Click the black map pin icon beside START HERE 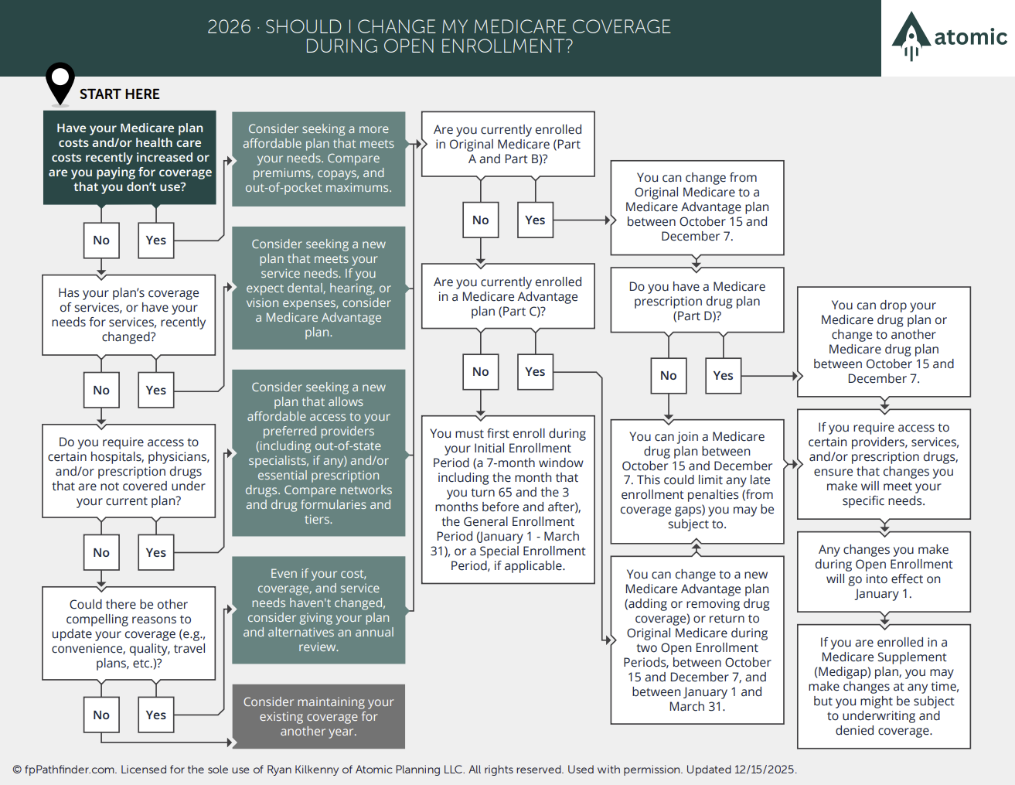point(60,84)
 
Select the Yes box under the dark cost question point(156,241)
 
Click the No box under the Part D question point(669,376)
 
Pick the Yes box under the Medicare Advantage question point(535,372)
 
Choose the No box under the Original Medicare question point(481,220)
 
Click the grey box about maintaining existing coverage point(318,716)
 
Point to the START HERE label point(120,94)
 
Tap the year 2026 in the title point(229,26)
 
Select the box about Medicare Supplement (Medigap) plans point(884,687)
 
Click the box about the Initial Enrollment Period point(508,500)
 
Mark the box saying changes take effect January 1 point(884,572)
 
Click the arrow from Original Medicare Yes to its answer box point(582,220)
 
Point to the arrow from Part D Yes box point(769,376)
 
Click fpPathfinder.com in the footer point(70,770)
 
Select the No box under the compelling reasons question point(101,715)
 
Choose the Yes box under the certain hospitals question point(156,552)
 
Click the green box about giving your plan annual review point(318,609)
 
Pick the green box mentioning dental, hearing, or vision point(318,288)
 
